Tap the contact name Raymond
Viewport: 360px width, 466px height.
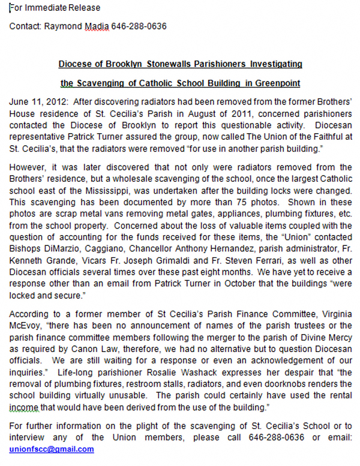click(x=65, y=26)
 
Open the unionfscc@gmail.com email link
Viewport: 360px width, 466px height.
click(x=52, y=449)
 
